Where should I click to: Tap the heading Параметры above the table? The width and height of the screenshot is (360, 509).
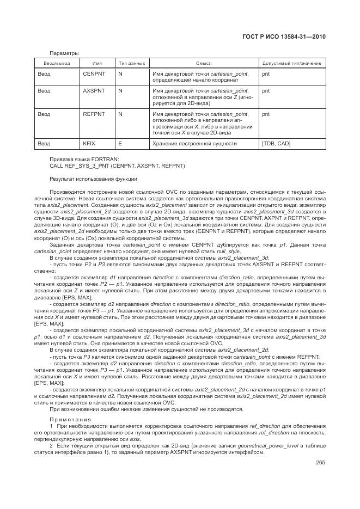tap(64, 53)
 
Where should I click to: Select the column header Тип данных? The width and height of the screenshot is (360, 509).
tap(131, 64)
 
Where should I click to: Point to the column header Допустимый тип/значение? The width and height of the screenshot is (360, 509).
tap(291, 64)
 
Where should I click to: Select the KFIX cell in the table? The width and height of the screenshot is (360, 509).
tap(88, 143)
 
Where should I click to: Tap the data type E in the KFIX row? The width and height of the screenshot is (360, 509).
tap(120, 143)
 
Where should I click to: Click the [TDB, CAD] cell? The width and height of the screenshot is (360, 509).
tap(276, 143)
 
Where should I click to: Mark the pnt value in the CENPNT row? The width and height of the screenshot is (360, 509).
tap(266, 73)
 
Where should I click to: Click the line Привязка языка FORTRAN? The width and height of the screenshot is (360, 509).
tap(80, 158)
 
